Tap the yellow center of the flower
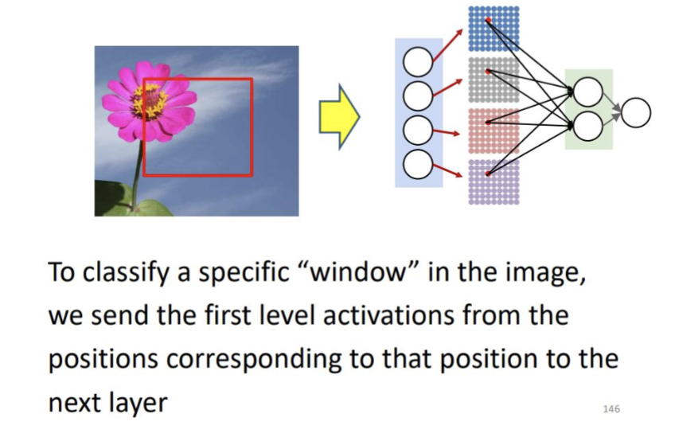click(150, 101)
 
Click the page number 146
click(611, 408)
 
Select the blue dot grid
click(494, 29)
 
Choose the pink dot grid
click(494, 129)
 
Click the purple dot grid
click(494, 181)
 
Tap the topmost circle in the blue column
click(419, 61)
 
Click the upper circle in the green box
click(587, 92)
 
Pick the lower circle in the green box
click(587, 126)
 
